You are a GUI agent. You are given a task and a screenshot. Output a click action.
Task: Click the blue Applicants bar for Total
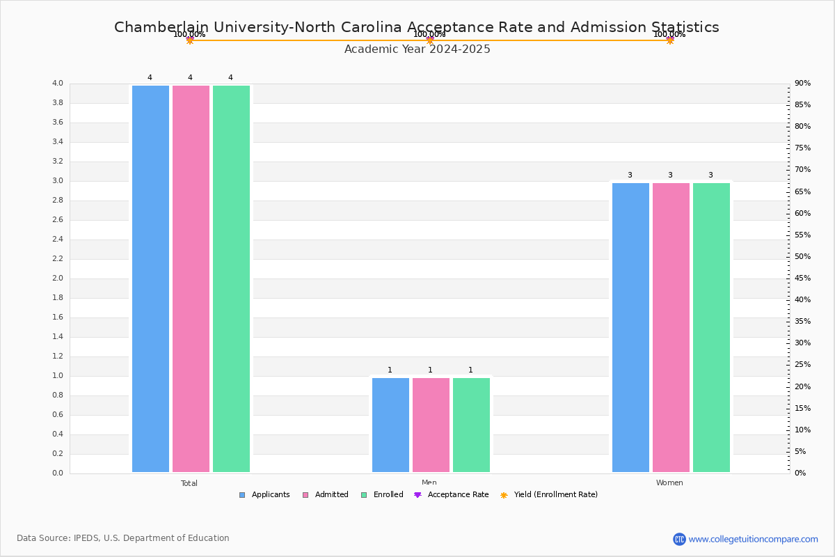150,278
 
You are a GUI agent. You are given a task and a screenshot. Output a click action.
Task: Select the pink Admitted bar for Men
431,425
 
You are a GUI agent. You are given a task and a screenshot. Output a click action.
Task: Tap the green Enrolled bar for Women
711,327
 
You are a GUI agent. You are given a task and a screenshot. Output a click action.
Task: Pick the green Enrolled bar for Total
231,278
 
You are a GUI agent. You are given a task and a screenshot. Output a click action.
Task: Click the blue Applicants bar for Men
390,425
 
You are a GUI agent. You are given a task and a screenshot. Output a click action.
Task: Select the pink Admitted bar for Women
671,327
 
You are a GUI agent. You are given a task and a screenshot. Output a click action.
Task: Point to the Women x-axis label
669,483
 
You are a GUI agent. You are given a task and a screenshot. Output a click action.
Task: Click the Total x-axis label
189,483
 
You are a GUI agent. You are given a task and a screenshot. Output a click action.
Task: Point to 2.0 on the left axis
57,278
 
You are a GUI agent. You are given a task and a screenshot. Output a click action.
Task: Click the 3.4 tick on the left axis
57,142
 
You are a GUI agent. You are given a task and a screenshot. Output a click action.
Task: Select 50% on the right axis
802,257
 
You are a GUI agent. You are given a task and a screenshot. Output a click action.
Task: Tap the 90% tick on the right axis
802,84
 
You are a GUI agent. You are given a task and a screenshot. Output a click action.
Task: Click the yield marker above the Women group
669,40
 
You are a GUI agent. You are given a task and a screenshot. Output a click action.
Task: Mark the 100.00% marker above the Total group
189,40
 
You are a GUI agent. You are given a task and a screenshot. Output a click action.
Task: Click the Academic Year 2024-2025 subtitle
417,49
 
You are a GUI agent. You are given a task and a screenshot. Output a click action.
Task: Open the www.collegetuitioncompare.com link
753,539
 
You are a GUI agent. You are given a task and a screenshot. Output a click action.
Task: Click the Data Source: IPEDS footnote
123,538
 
